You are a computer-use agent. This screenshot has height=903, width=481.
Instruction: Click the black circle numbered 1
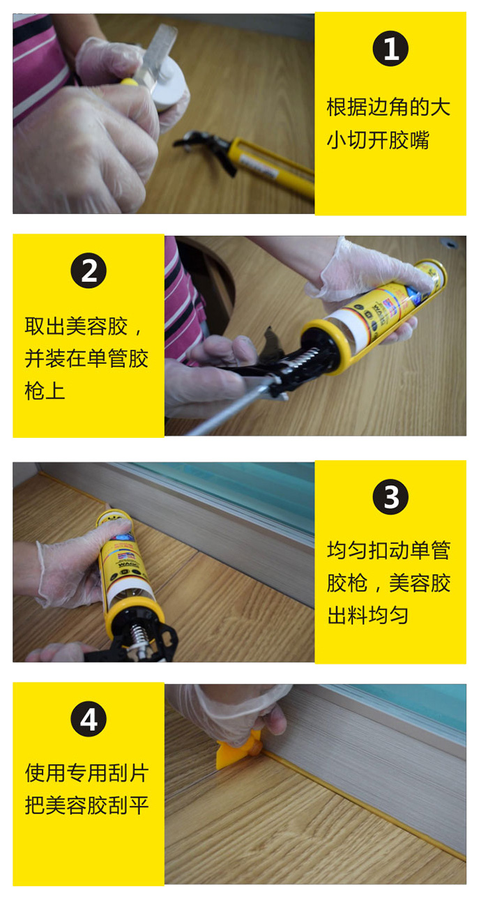pyautogui.click(x=390, y=49)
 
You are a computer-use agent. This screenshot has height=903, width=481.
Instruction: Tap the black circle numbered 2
pyautogui.click(x=89, y=271)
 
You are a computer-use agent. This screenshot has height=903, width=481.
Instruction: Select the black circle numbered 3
pyautogui.click(x=390, y=497)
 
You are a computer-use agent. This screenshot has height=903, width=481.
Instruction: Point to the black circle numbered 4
pyautogui.click(x=89, y=719)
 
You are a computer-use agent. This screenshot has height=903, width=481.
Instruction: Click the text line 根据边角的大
pyautogui.click(x=388, y=107)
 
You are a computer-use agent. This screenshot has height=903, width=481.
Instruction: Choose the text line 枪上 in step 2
pyautogui.click(x=45, y=391)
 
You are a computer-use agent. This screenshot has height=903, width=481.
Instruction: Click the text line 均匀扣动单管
pyautogui.click(x=388, y=551)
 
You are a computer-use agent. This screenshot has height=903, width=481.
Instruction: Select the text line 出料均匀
pyautogui.click(x=367, y=616)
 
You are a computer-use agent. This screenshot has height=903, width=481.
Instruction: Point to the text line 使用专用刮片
pyautogui.click(x=86, y=773)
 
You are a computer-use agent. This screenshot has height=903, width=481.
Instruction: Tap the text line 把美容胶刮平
pyautogui.click(x=86, y=805)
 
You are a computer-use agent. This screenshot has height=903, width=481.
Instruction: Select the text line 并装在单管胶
pyautogui.click(x=86, y=358)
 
